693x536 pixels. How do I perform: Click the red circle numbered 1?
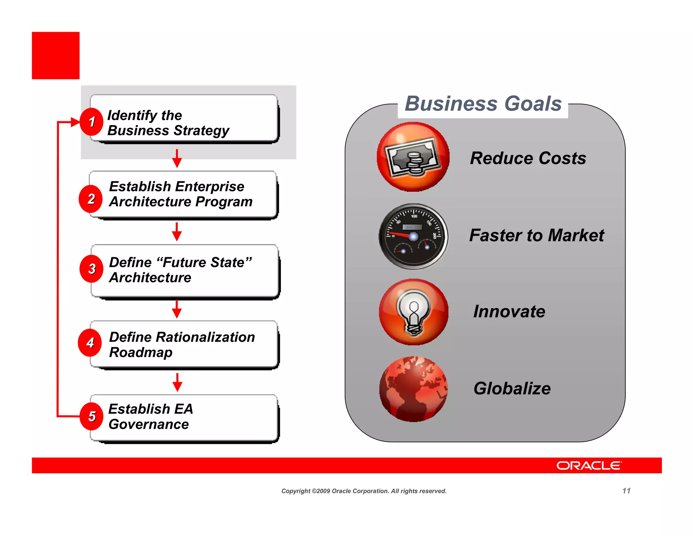91,122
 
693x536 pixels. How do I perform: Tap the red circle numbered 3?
91,269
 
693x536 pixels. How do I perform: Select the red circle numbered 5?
91,416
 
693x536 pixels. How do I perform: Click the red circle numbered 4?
90,343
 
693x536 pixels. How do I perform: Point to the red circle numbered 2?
91,199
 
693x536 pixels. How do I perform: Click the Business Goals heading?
483,104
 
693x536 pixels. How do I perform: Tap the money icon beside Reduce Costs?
413,157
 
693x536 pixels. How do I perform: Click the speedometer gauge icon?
413,236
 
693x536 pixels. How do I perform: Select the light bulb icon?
413,312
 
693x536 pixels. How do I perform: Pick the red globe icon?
413,389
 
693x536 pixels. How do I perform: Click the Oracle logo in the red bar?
589,466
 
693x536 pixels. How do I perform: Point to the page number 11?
626,491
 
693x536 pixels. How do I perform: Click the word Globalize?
512,389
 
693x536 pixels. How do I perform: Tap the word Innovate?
509,312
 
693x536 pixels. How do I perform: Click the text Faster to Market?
536,235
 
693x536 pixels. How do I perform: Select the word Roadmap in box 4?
141,352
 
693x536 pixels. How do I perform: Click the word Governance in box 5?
149,425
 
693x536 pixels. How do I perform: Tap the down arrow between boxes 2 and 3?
177,232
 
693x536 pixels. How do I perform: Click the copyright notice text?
364,491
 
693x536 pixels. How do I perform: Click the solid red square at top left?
56,56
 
